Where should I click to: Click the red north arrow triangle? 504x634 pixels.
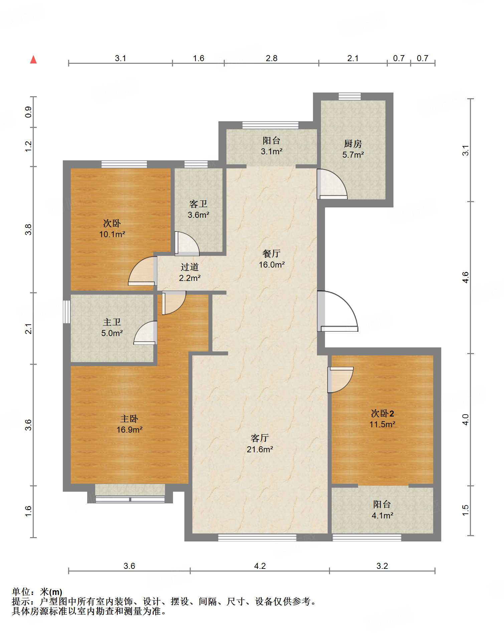(33, 59)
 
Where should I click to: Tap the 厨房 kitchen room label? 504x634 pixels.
(353, 144)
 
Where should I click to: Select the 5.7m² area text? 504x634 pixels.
(353, 155)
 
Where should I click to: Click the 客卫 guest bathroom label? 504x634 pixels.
(198, 204)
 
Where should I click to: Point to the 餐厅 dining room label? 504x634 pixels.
(272, 254)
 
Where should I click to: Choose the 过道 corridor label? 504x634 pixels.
(190, 267)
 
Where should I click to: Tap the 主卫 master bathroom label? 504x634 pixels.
(112, 322)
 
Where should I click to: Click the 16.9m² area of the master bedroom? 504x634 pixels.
(130, 430)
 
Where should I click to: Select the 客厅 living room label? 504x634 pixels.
(260, 438)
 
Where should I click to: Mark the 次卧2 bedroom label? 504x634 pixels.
(382, 414)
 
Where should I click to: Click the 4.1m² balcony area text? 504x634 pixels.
(382, 515)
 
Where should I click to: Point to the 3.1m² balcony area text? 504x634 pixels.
(272, 151)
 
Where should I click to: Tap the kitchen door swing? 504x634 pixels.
(332, 184)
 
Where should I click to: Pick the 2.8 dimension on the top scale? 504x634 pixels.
(272, 58)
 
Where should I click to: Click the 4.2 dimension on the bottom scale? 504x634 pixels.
(260, 566)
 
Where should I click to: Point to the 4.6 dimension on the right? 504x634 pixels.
(466, 277)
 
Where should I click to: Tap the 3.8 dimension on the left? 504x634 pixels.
(28, 229)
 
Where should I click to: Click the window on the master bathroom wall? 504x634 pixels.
(67, 312)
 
